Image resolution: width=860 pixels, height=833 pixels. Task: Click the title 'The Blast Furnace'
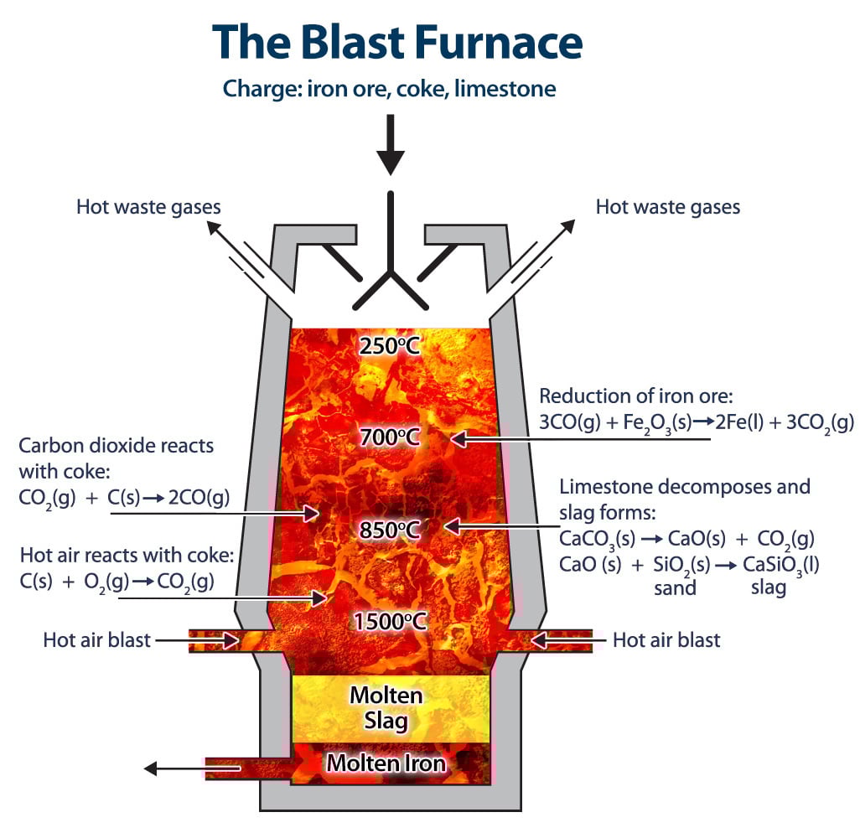click(396, 42)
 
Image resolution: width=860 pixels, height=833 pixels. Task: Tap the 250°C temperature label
click(389, 345)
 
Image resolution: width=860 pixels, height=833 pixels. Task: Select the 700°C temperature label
click(389, 437)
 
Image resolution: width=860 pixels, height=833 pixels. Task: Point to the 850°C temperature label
click(389, 530)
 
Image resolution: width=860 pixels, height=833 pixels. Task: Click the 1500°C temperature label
click(390, 621)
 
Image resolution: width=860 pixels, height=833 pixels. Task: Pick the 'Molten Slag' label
click(386, 707)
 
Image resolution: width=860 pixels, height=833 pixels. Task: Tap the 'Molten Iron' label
click(386, 763)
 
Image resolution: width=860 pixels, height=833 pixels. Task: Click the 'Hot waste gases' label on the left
click(149, 206)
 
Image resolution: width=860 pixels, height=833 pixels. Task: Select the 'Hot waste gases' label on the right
click(668, 206)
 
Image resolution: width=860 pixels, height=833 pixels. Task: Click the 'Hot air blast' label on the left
click(97, 640)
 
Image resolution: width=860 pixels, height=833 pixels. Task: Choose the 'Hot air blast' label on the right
click(666, 640)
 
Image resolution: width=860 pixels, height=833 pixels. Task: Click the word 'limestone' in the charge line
click(508, 88)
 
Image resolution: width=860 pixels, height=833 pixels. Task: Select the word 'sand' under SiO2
click(675, 587)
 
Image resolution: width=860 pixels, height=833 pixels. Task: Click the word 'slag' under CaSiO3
click(769, 587)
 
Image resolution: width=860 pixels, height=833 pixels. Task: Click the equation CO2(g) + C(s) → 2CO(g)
click(124, 498)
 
